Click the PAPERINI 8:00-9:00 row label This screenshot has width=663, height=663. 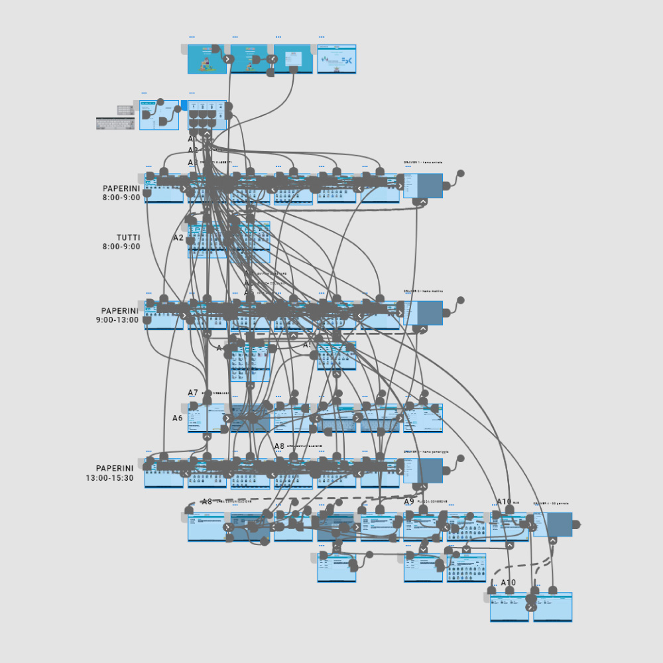121,192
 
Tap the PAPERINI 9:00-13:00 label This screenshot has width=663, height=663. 119,315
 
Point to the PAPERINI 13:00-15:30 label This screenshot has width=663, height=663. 114,472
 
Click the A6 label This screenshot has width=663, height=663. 177,418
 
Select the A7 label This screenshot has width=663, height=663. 193,393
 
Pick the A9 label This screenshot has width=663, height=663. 409,502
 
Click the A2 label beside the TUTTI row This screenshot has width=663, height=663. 178,237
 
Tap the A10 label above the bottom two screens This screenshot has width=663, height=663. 508,583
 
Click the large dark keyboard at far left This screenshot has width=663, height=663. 115,123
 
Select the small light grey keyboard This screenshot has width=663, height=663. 125,109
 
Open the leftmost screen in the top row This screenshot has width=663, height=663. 207,59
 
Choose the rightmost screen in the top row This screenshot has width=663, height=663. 337,59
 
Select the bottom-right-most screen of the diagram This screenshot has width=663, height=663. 552,607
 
